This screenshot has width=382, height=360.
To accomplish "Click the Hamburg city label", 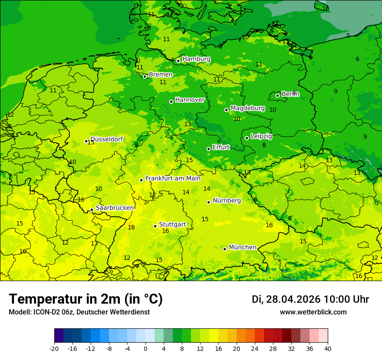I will pos(196,59).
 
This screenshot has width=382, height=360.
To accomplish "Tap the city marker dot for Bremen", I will pos(145,76).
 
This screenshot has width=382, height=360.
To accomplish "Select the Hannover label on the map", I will pos(190,100).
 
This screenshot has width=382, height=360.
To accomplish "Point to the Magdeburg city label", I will pos(247,108).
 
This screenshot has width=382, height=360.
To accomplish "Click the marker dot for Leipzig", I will pos(247,138).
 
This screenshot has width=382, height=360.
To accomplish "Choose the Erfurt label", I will pos(221,147).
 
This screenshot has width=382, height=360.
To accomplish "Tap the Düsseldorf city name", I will pos(106,139).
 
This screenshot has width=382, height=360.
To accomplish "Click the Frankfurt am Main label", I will pos(173,178).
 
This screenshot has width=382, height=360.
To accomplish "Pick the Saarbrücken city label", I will pos(115,208).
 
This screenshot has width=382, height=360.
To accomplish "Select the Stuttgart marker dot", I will pos(155,226).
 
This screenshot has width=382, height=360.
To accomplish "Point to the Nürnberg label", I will pos(227,200).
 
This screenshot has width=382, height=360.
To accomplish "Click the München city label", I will pos(242,247).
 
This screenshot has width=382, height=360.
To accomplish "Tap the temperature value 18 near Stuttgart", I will pos(131,227).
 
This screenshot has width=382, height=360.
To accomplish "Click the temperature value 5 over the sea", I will pos(348,36).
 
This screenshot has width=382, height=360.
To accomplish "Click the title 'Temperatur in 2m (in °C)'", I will pos(86,299).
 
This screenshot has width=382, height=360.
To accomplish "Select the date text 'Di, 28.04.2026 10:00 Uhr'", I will pos(310,299).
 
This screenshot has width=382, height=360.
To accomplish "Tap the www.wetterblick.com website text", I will pos(313,312).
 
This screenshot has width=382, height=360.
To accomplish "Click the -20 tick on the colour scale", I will pos(54,348).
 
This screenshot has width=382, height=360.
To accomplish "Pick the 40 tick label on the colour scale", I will pos(328,348).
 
